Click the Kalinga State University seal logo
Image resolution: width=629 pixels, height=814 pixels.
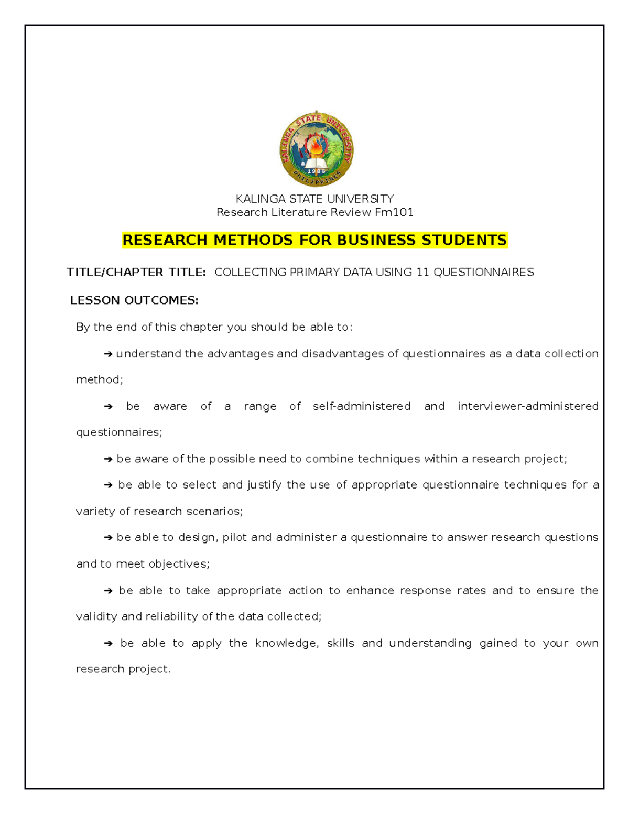[x=316, y=149]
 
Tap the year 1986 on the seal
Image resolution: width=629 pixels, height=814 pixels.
[x=316, y=171]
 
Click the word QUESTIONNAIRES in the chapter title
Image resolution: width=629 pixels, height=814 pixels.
[x=483, y=272]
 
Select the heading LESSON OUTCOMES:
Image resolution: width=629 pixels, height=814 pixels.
[x=134, y=300]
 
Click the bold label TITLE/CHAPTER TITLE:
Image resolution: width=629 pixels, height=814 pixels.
[x=136, y=272]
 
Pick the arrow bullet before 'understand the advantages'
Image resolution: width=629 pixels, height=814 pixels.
[x=109, y=354]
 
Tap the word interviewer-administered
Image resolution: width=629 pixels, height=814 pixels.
[x=528, y=406]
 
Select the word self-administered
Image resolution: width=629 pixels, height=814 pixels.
[x=362, y=406]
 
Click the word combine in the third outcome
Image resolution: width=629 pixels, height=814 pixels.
[x=330, y=459]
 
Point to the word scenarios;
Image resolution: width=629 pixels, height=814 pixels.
[x=215, y=511]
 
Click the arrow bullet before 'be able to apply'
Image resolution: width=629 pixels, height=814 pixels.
[x=109, y=644]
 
